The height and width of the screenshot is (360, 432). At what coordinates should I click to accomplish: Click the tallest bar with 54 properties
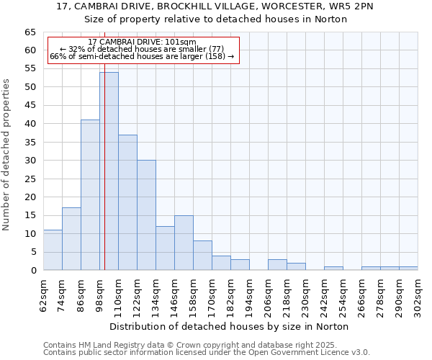tap(109, 171)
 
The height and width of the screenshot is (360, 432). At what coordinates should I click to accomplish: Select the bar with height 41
tap(90, 195)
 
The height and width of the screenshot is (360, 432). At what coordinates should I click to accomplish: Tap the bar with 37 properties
tap(127, 202)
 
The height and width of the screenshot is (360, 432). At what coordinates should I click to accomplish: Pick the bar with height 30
tap(146, 215)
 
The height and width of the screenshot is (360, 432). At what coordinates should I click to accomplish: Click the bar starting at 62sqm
tap(53, 250)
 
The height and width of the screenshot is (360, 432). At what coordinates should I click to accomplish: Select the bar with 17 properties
tap(71, 239)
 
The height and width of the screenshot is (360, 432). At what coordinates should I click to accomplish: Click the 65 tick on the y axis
tap(30, 32)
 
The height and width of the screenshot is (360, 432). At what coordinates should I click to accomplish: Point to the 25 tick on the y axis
tap(30, 179)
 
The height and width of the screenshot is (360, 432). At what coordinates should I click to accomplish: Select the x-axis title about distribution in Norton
tap(230, 326)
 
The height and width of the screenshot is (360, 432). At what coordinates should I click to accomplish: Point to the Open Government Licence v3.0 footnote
tap(207, 353)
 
